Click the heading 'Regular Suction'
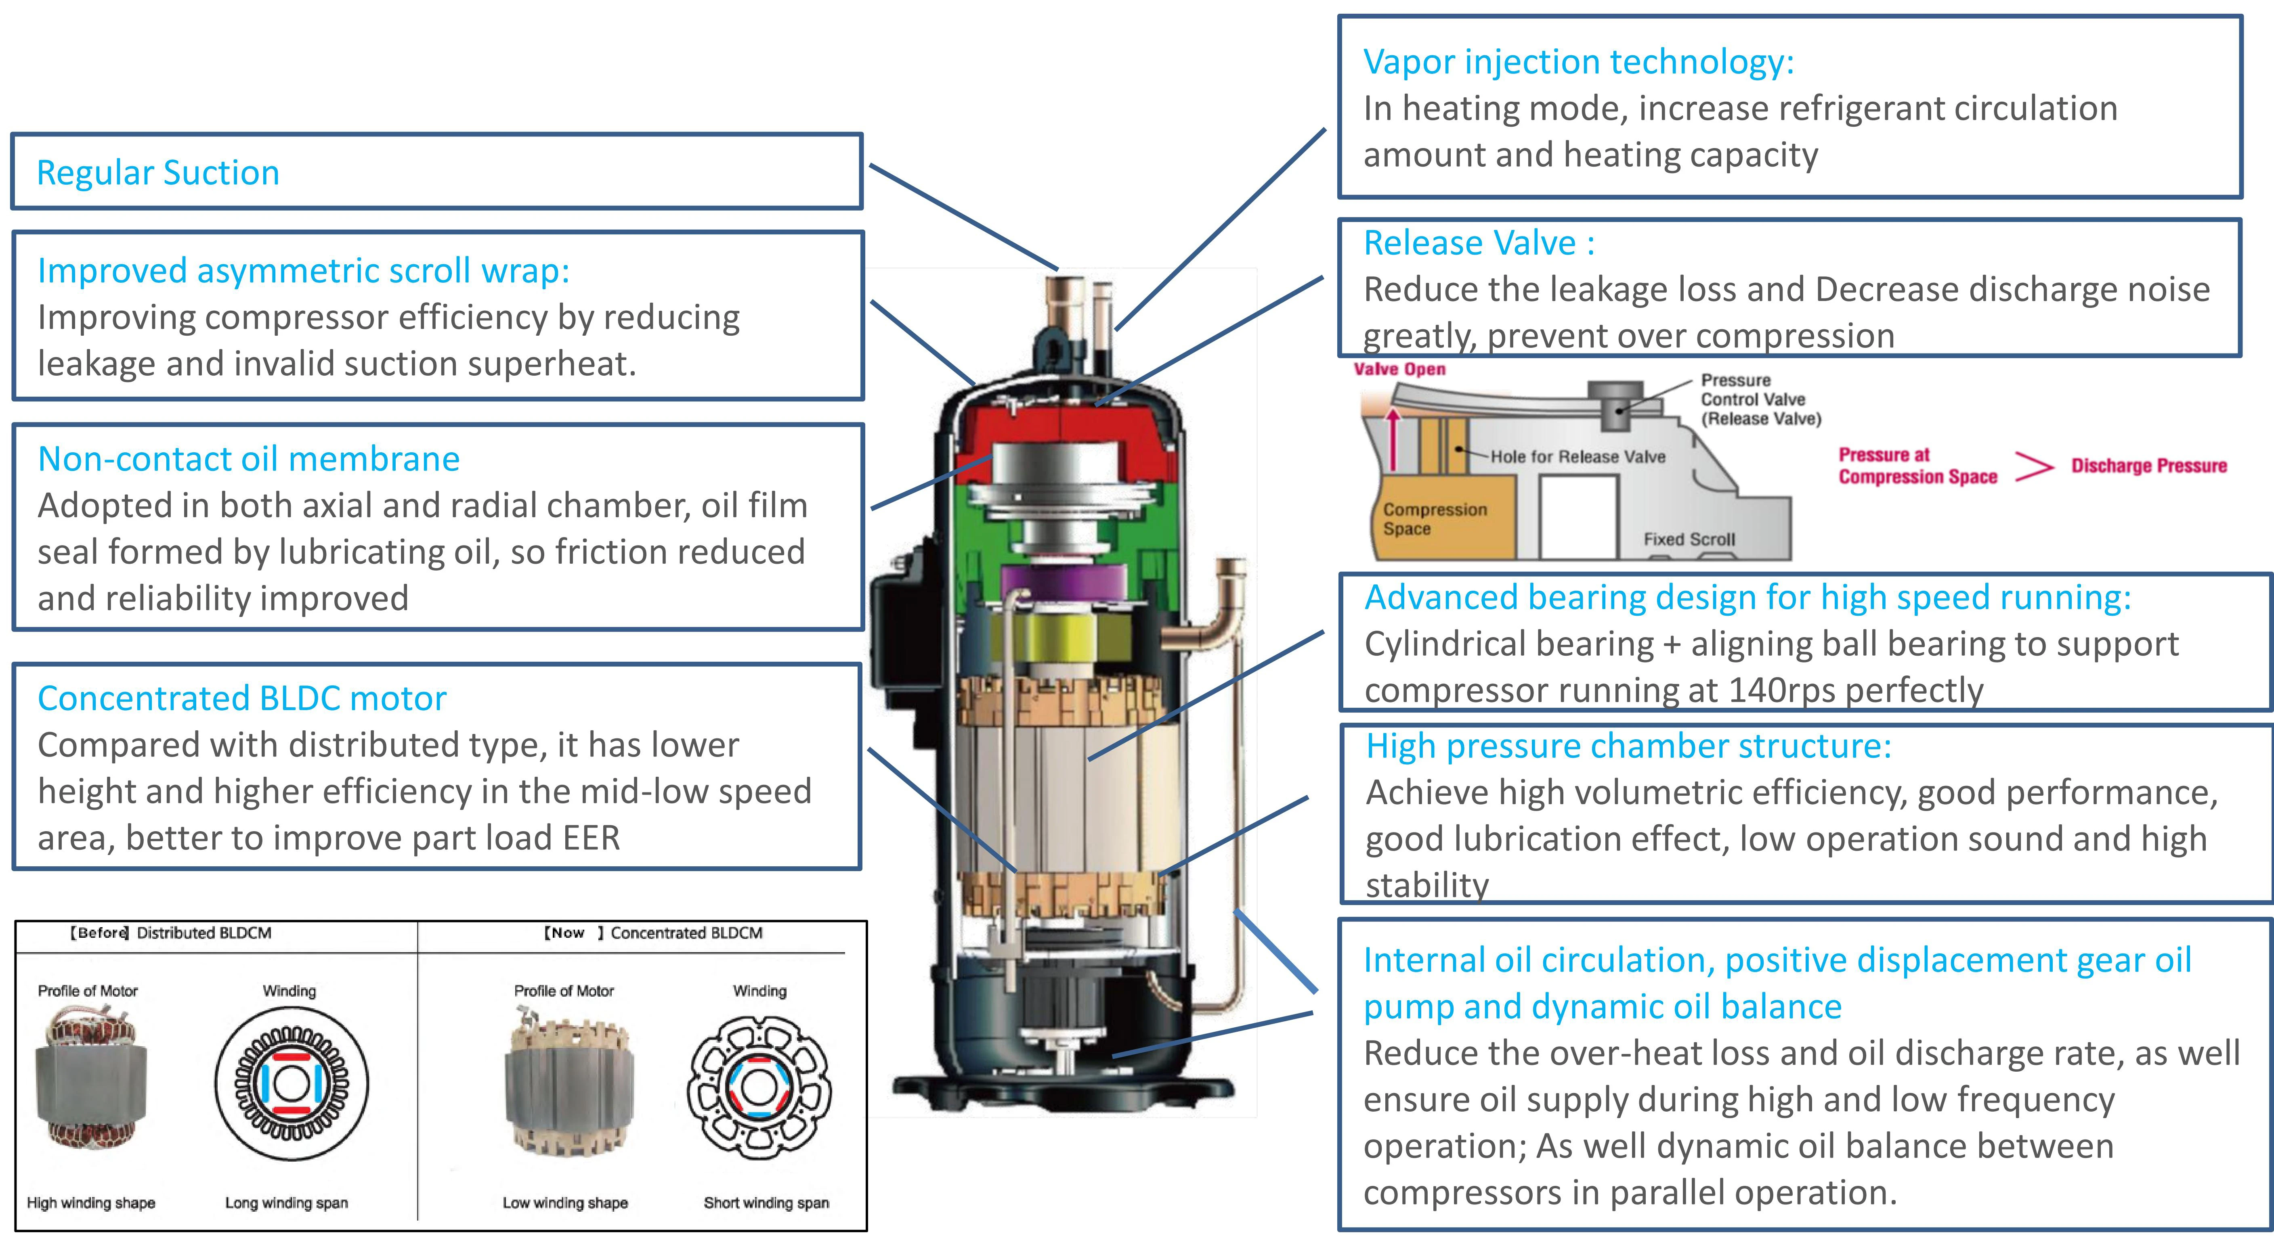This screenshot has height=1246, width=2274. tap(158, 173)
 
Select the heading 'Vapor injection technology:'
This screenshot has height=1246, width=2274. tap(1578, 62)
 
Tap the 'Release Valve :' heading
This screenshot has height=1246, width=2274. tap(1479, 243)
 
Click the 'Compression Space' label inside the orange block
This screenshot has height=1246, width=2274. tap(1435, 519)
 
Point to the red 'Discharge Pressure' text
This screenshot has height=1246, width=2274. tap(2149, 466)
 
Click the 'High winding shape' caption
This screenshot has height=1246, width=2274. tap(91, 1203)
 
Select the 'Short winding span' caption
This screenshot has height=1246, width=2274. tap(766, 1203)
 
